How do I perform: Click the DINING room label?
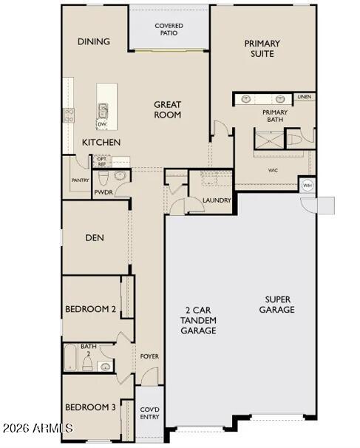(x=94, y=41)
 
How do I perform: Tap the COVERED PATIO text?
(x=169, y=30)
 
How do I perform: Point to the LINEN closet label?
(x=304, y=97)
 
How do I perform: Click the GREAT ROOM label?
(x=168, y=109)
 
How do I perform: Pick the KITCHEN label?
(x=101, y=142)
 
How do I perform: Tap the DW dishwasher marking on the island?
(x=101, y=124)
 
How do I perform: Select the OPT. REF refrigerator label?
(x=101, y=161)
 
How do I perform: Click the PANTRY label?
(x=80, y=180)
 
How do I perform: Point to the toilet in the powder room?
(x=104, y=178)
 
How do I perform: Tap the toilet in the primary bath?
(x=294, y=139)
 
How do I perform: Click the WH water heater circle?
(x=308, y=185)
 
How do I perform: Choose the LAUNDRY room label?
(x=217, y=200)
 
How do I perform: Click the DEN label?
(x=94, y=238)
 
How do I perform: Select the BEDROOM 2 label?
(x=90, y=309)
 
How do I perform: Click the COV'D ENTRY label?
(x=149, y=413)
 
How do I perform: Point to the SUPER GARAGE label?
(x=277, y=305)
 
